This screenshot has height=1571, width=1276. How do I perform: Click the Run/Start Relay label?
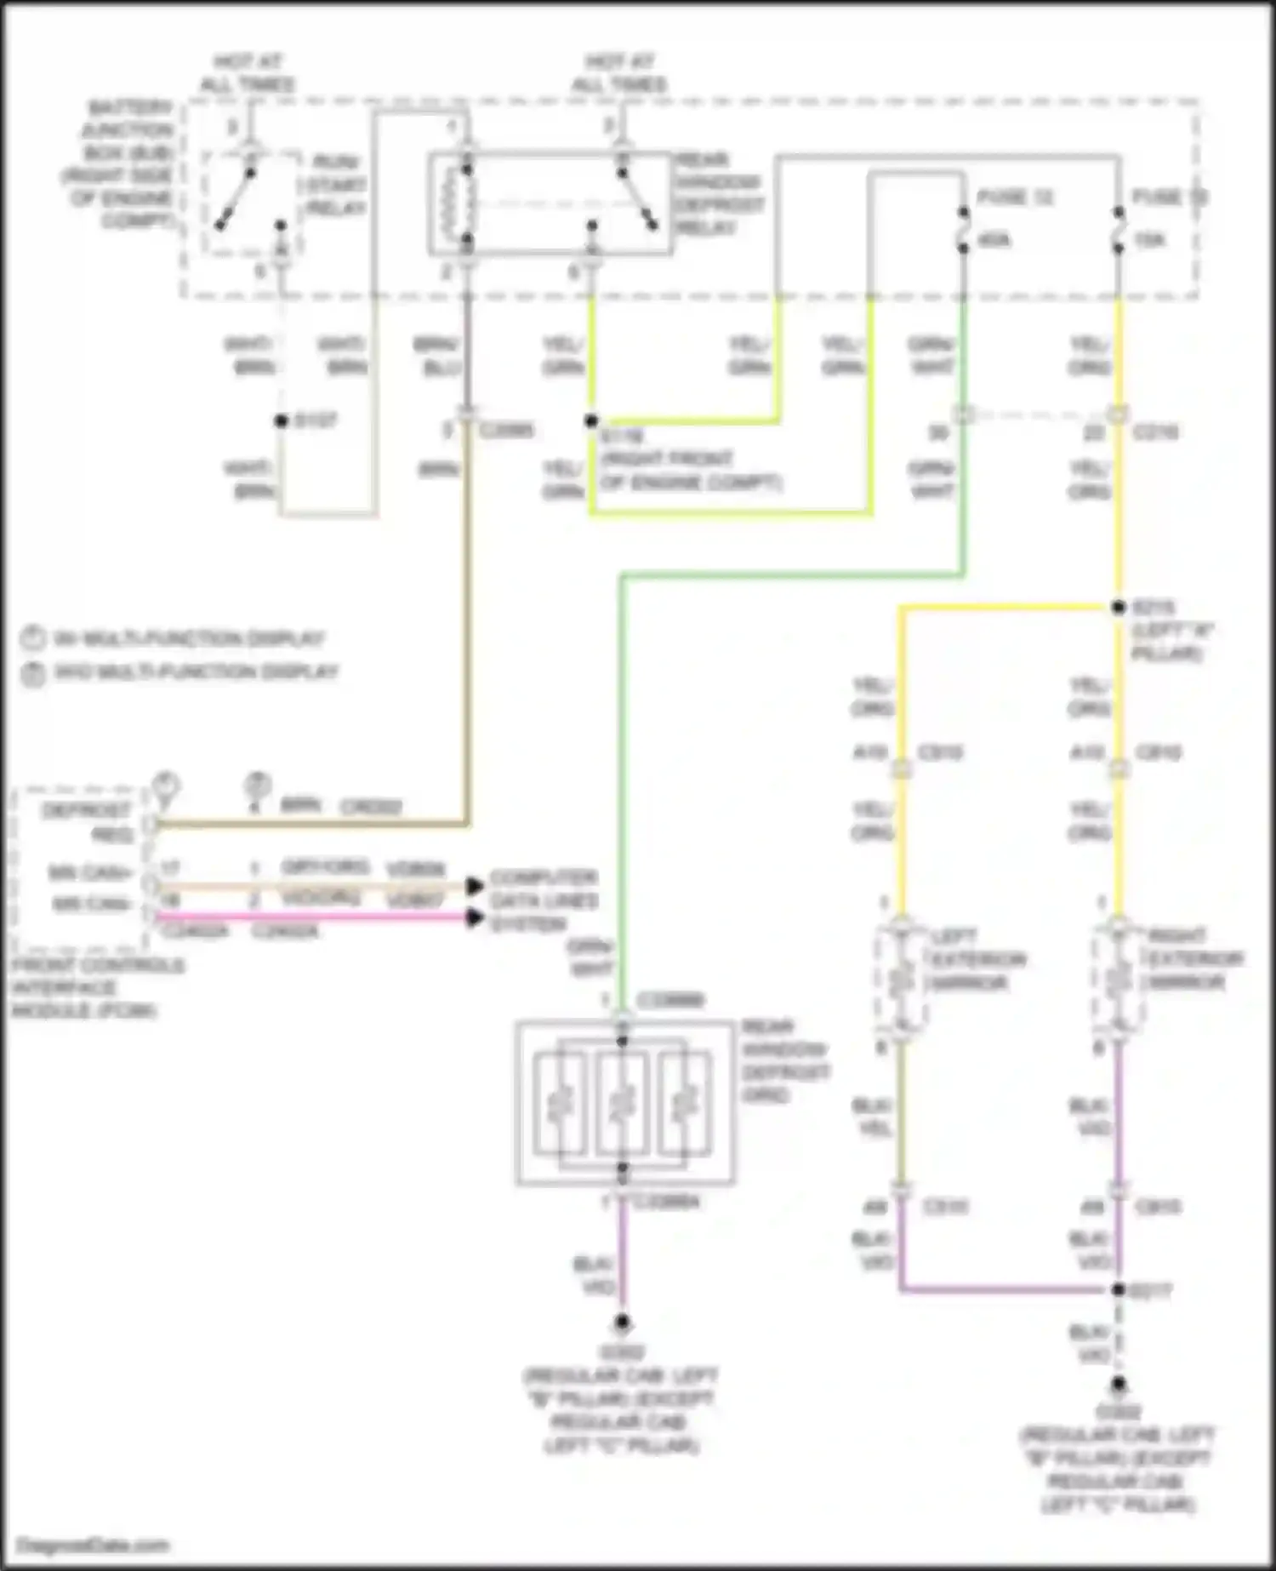[334, 185]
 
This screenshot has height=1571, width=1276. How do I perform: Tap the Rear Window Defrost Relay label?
[718, 194]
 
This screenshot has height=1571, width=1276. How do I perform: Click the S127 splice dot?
[281, 421]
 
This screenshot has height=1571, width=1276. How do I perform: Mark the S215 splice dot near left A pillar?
[1119, 608]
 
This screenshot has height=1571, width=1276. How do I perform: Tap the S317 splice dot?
[1119, 1290]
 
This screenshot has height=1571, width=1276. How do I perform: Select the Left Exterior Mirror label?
[977, 960]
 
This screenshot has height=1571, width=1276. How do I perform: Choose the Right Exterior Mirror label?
[1194, 960]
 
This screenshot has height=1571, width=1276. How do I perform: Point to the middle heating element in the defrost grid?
[622, 1103]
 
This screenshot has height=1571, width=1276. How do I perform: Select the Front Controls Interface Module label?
[97, 988]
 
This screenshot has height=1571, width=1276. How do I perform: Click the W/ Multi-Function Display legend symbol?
[31, 638]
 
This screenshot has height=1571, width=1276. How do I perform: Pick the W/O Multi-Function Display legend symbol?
[31, 673]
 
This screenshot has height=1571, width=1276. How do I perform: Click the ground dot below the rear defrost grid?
[623, 1322]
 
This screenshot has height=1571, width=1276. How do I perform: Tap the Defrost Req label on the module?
[88, 822]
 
